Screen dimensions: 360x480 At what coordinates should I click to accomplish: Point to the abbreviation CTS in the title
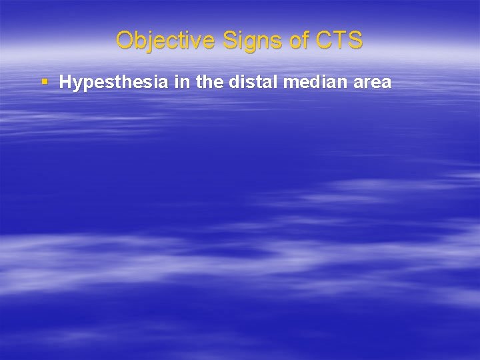pos(339,40)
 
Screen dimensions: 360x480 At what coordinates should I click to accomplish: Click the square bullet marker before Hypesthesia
pos(45,82)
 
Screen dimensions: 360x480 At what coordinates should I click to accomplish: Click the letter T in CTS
pos(340,40)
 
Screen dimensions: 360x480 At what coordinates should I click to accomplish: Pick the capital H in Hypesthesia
pos(65,83)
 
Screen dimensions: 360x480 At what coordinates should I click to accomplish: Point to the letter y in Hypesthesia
pos(77,85)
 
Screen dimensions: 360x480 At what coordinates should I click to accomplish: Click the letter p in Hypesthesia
pos(87,85)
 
